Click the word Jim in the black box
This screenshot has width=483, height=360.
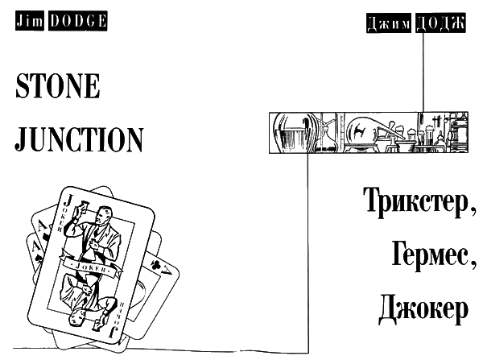[30, 21]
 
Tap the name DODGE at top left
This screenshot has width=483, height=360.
[77, 21]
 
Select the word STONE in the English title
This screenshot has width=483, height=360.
[58, 85]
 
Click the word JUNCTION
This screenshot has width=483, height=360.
[79, 139]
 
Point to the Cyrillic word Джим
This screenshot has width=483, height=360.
[389, 23]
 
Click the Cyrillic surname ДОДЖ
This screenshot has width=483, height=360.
[440, 23]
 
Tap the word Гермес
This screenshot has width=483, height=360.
[434, 254]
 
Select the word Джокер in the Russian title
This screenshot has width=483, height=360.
[423, 308]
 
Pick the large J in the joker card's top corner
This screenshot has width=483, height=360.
[68, 200]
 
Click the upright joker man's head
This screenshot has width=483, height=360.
[103, 215]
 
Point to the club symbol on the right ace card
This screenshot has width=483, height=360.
[155, 264]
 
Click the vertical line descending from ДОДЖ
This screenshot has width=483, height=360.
[423, 72]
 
